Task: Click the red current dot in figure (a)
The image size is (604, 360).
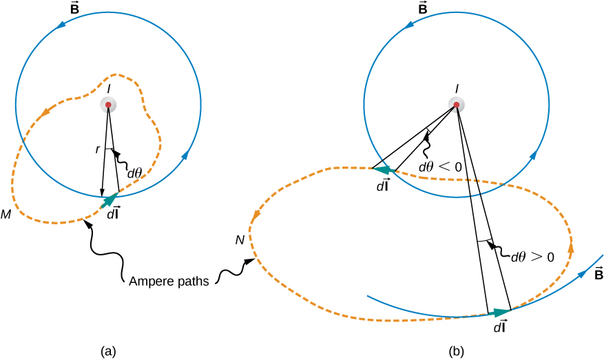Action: click(x=107, y=105)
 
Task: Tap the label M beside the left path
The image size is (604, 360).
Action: click(x=6, y=215)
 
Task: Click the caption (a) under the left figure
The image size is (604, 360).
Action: click(x=107, y=351)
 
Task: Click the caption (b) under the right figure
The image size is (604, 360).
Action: click(x=456, y=351)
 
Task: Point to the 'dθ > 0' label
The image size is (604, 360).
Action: click(x=532, y=257)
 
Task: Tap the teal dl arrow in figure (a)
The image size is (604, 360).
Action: click(x=109, y=200)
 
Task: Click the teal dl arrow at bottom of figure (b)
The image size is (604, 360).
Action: click(x=499, y=313)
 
